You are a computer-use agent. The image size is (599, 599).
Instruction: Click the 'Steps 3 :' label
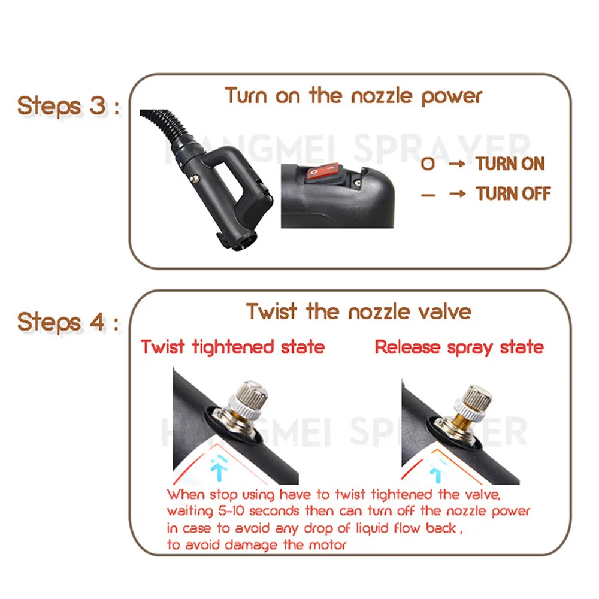[x=67, y=106]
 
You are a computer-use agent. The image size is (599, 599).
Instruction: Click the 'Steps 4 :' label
[x=67, y=322]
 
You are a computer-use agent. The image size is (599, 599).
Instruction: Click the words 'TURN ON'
[x=510, y=164]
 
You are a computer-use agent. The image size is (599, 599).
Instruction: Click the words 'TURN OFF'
[x=513, y=193]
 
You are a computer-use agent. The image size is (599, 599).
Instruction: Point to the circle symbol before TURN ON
[x=428, y=164]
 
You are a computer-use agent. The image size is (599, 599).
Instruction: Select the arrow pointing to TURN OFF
[x=457, y=193]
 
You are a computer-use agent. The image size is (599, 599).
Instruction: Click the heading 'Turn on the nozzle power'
[x=353, y=96]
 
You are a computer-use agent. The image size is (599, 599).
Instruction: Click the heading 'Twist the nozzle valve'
[x=358, y=311]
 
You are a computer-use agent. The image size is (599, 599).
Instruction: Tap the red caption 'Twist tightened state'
[x=232, y=347]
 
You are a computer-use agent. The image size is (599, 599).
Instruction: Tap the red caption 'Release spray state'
[x=459, y=347]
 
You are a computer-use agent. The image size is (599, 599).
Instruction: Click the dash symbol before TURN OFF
[x=428, y=193]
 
